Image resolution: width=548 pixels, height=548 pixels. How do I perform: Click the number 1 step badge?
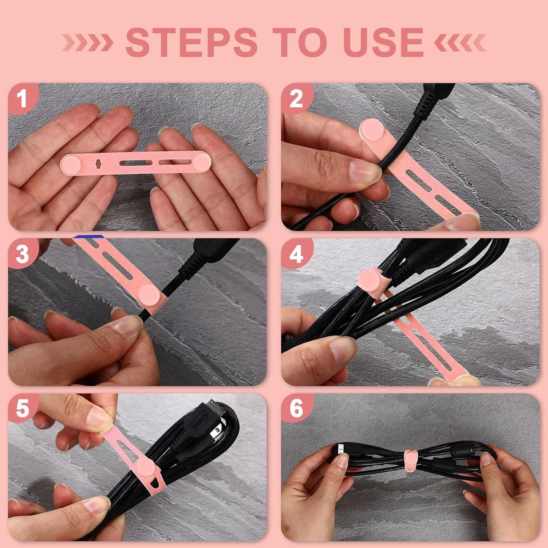[x=22, y=99]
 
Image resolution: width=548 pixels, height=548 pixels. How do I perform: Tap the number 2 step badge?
[x=296, y=99]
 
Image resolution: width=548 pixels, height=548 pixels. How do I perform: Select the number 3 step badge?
[x=22, y=254]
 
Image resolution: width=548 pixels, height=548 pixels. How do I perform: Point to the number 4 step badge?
[x=296, y=254]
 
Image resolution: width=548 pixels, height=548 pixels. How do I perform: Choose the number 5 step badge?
[x=22, y=409]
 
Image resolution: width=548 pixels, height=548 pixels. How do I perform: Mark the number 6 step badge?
[x=296, y=409]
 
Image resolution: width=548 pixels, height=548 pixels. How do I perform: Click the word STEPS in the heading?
[x=192, y=43]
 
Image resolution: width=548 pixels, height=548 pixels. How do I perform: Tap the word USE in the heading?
[x=383, y=43]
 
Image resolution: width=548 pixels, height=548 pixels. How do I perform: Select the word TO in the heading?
[x=300, y=43]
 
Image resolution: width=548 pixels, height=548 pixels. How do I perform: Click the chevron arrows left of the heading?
[x=88, y=43]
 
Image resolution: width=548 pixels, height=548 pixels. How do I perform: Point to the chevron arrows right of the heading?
[x=460, y=43]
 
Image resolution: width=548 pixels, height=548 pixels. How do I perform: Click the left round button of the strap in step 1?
[x=71, y=164]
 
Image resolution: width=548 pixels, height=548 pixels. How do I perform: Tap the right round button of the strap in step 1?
[x=201, y=162]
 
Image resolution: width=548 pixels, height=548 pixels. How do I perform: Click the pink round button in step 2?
[x=371, y=130]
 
